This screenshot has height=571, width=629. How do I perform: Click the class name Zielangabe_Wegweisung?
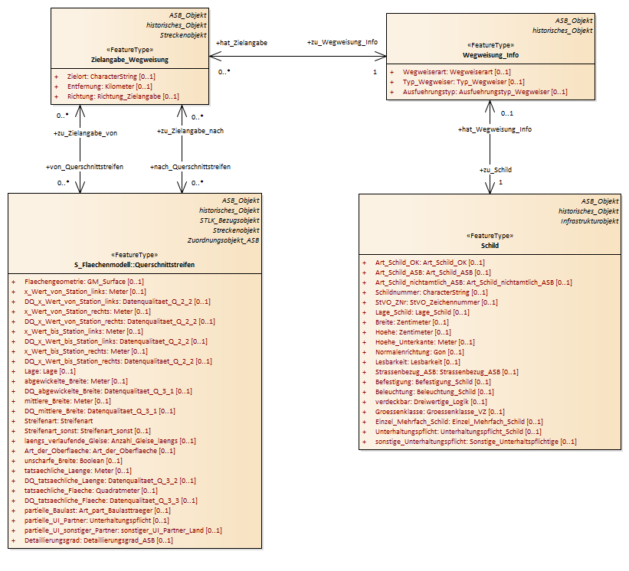129,60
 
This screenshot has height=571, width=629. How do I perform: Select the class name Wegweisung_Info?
490,55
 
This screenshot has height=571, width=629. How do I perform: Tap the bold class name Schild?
490,246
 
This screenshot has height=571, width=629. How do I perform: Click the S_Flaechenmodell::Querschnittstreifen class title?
134,265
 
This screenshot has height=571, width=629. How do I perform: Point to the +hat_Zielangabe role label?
241,43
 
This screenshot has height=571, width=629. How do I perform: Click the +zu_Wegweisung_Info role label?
342,42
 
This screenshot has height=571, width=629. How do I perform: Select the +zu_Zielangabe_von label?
86,133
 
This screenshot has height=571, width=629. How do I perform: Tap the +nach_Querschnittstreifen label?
190,167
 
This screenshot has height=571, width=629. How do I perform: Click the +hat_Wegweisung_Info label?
495,129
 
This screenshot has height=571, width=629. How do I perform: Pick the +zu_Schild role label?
496,170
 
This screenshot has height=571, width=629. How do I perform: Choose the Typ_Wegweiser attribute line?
464,82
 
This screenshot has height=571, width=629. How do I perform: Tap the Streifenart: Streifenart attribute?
58,421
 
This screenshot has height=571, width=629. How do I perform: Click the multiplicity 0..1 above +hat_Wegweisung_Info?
506,113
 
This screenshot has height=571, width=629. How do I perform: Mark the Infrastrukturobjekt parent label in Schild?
589,221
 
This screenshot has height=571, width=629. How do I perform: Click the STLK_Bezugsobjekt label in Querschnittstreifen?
229,220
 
